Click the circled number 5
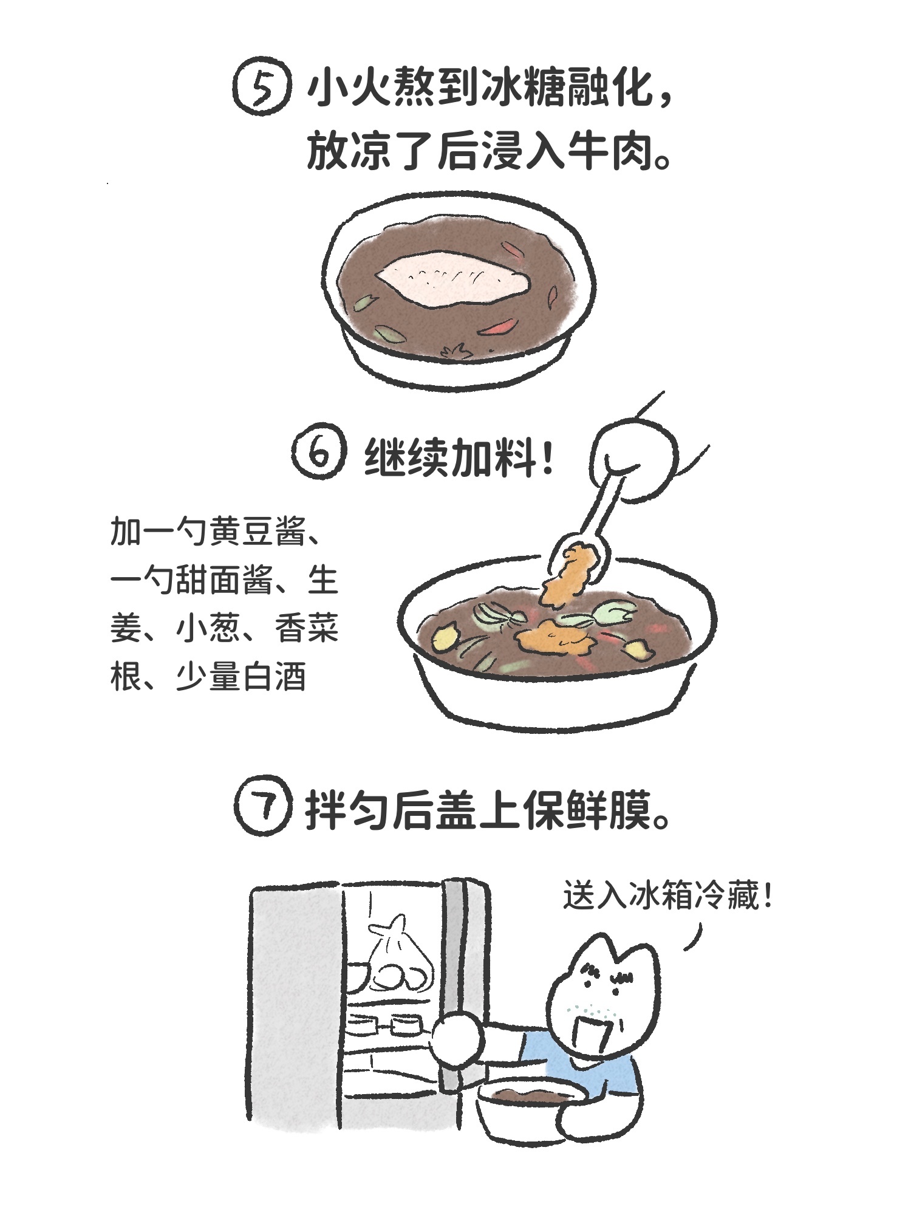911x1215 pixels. pyautogui.click(x=262, y=89)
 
